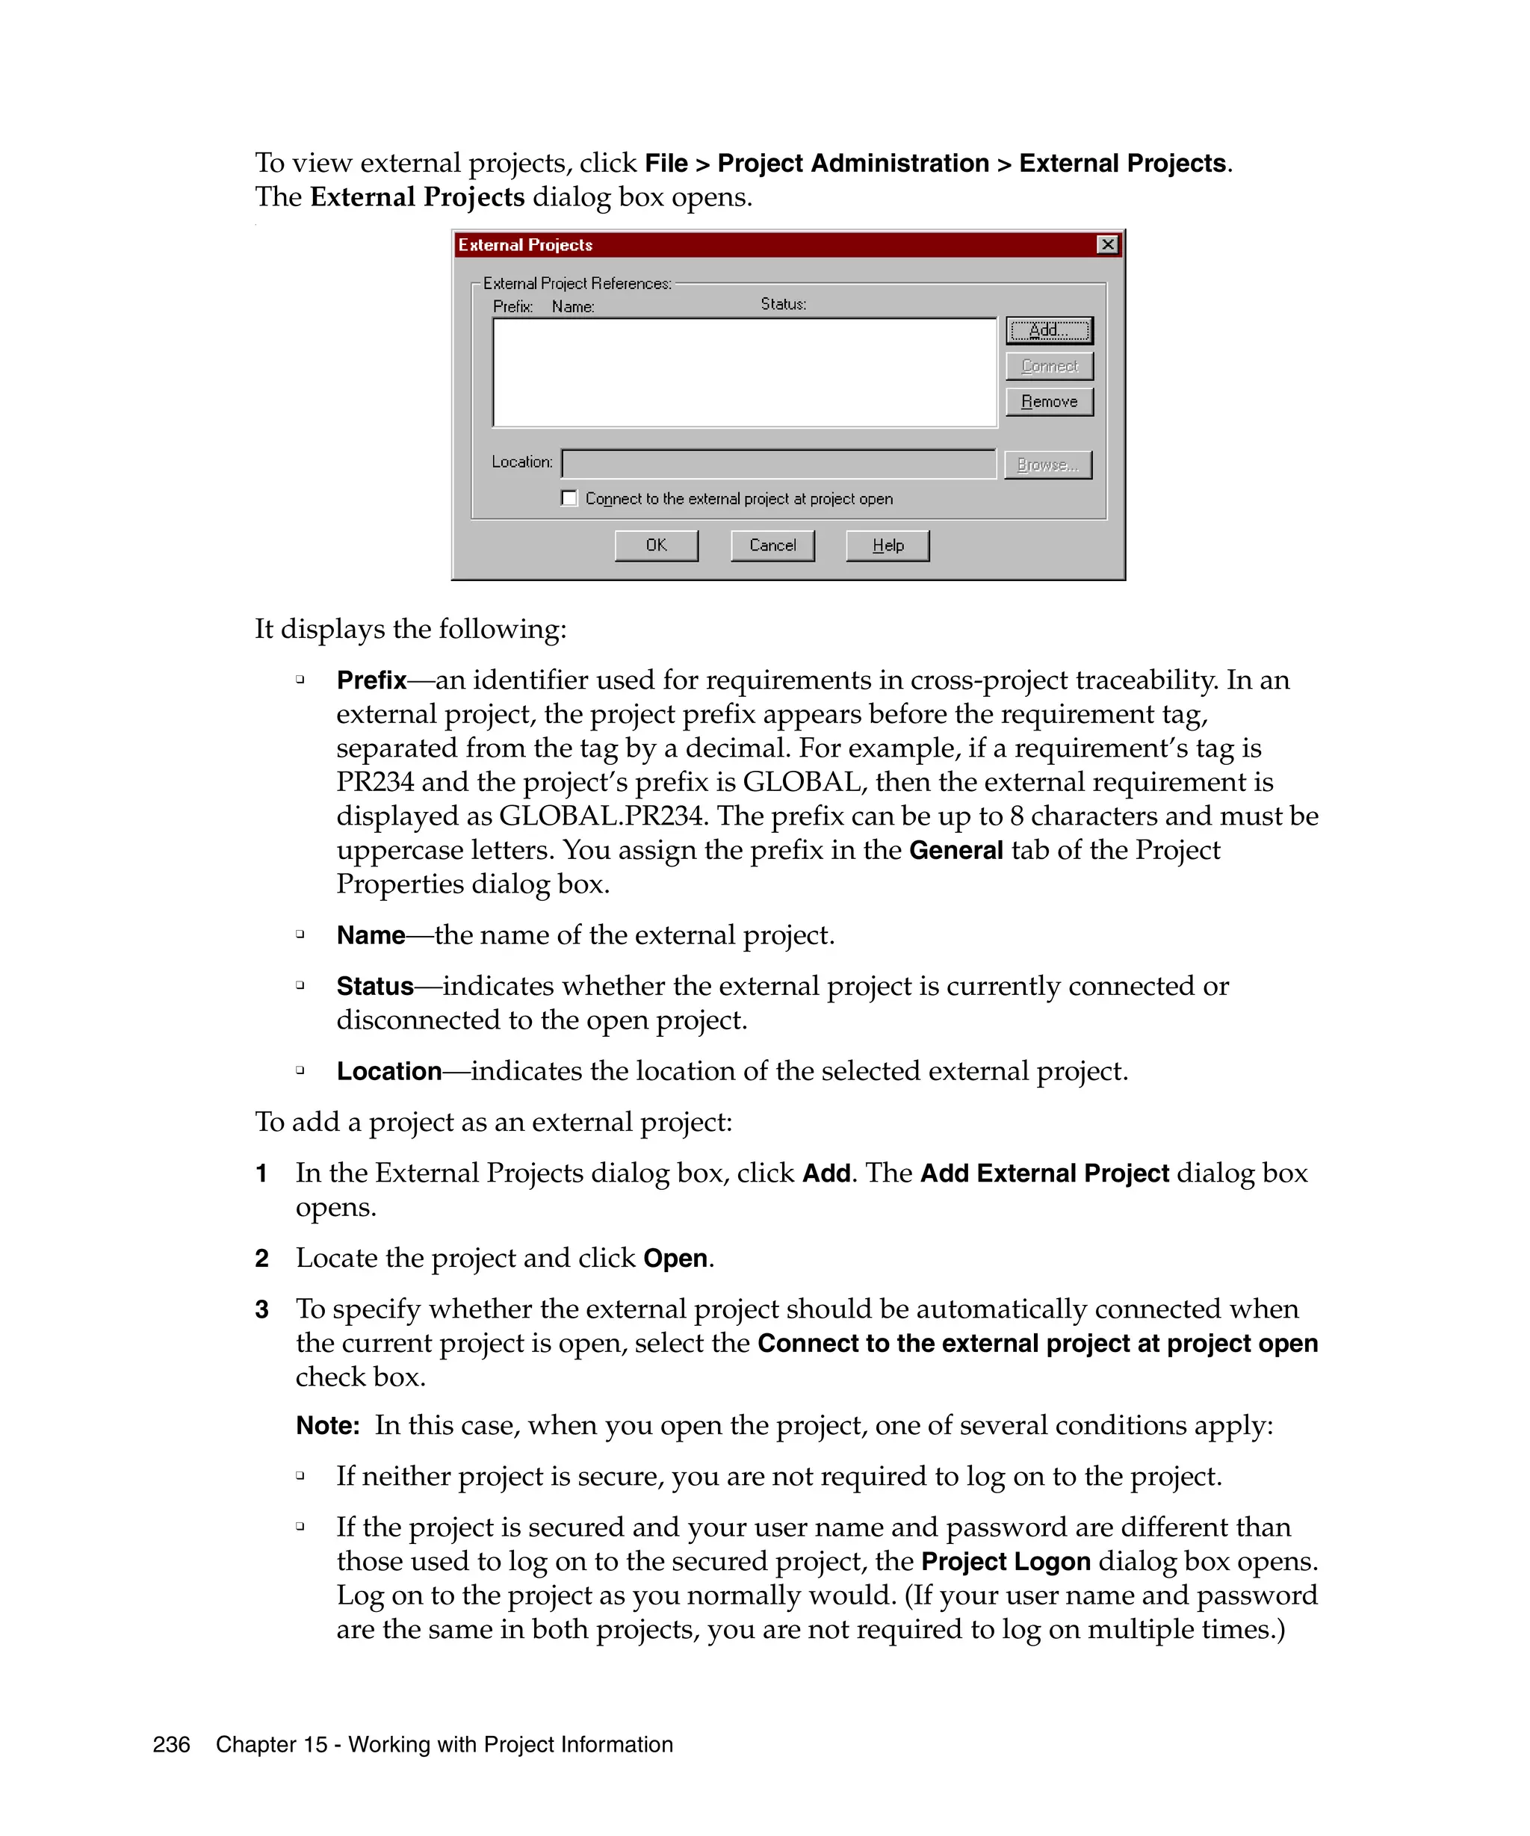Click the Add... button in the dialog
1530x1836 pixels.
point(1048,330)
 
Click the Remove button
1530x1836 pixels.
point(1048,401)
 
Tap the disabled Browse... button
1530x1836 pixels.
point(1047,465)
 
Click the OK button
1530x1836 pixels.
point(656,545)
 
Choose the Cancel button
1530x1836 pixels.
point(772,545)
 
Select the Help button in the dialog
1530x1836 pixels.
point(888,545)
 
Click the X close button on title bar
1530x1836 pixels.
point(1107,245)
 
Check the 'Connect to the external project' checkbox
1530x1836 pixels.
point(569,497)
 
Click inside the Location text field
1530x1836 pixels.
point(778,463)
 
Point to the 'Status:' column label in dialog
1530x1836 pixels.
point(782,303)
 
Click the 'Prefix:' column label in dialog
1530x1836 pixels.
point(512,306)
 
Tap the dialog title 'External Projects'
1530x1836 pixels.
point(524,245)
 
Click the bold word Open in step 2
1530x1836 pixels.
point(675,1258)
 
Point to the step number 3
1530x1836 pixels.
point(261,1309)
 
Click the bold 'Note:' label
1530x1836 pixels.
point(328,1426)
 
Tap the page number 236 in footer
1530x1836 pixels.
point(171,1744)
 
